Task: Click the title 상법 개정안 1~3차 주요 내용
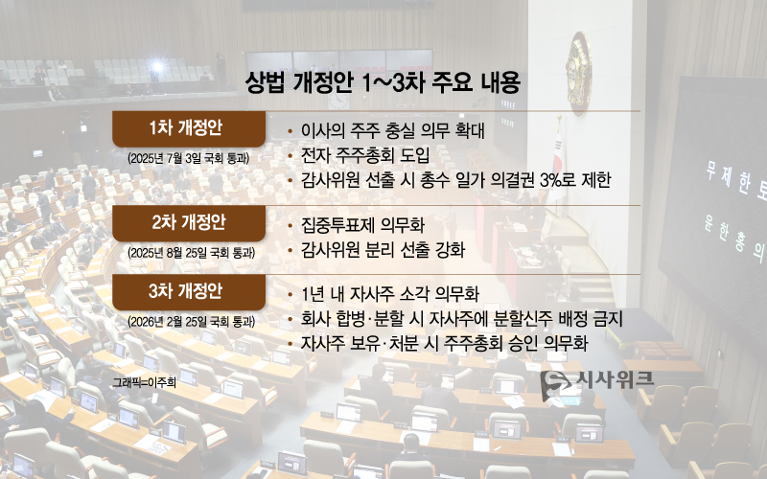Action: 383,82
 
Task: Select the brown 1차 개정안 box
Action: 188,128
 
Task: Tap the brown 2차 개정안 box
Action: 188,222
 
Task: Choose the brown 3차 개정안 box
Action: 188,290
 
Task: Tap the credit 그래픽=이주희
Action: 144,381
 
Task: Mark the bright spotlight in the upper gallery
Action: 156,67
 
